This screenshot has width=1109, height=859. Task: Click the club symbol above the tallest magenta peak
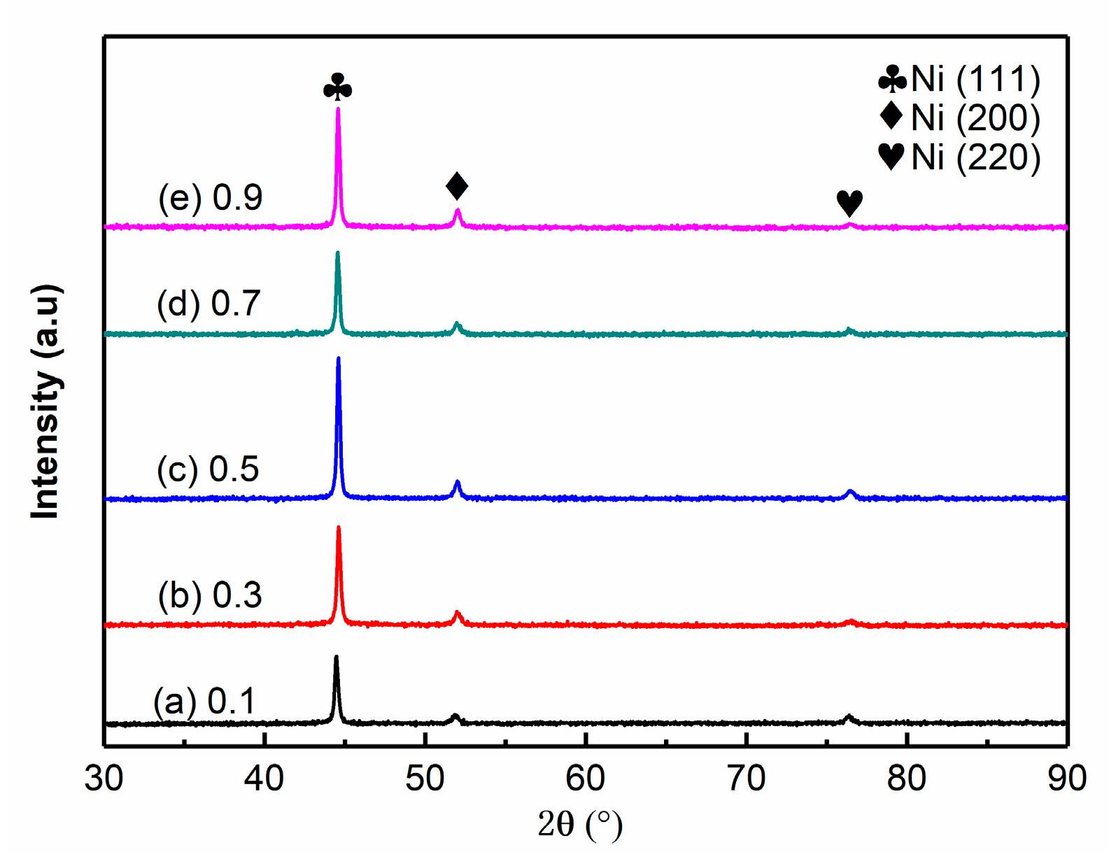pos(337,87)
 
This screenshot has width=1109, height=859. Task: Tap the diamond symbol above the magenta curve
pos(457,186)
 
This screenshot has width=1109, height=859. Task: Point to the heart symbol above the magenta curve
pos(849,203)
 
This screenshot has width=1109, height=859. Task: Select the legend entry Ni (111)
pos(960,79)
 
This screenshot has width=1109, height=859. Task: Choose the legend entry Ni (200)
pos(960,118)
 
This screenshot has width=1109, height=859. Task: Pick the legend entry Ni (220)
pos(960,157)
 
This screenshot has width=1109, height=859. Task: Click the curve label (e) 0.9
pos(210,198)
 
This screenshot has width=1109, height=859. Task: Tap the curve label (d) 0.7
pos(209,304)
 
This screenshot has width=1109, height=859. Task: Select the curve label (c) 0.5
pos(208,469)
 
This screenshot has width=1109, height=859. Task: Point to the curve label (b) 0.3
pos(210,596)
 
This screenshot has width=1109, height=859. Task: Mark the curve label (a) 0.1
pos(204,702)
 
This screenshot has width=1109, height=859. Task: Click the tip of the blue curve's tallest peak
pos(339,359)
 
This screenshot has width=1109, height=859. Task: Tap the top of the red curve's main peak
pos(339,528)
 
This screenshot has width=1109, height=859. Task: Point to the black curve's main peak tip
pos(336,658)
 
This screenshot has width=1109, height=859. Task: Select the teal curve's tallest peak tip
pos(338,253)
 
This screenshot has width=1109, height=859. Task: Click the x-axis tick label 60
pos(585,778)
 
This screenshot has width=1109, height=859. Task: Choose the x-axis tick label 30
pos(104,778)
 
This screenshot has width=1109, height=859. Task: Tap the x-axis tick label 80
pos(906,778)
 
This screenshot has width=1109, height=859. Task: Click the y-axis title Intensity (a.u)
pos(45,402)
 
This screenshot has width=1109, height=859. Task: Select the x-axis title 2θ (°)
pos(579,825)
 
